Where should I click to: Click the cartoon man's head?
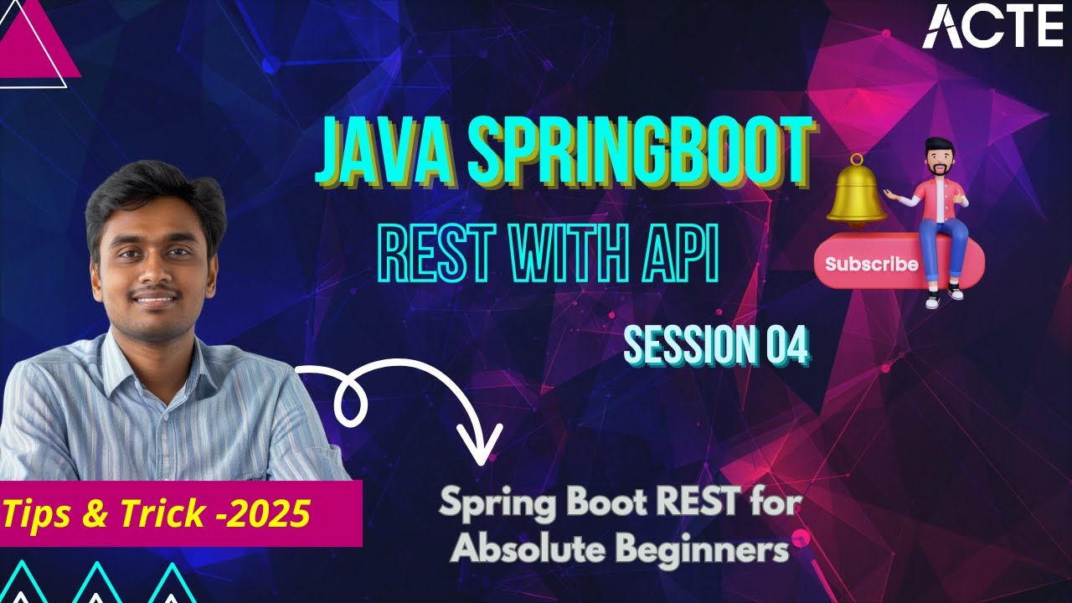tap(938, 158)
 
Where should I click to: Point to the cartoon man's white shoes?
tap(944, 295)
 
